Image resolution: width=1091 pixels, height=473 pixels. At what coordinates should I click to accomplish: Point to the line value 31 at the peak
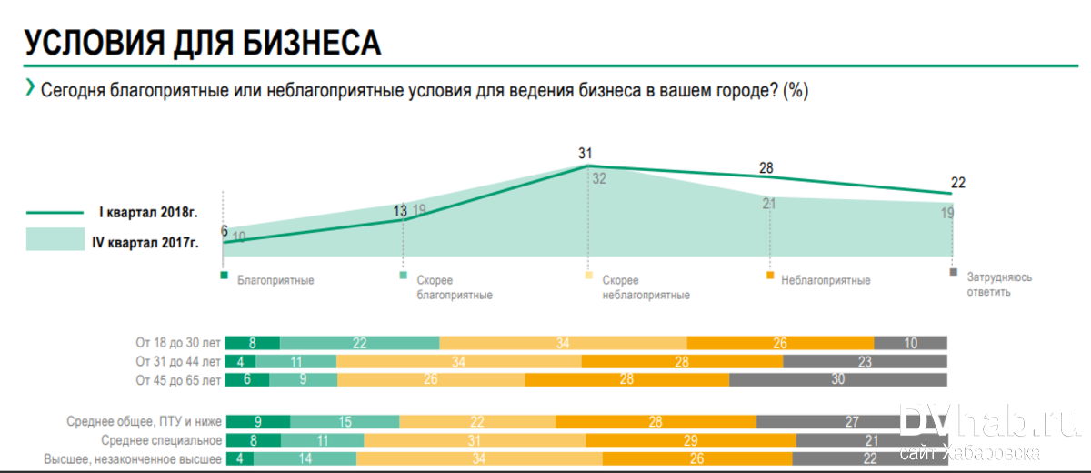click(x=585, y=154)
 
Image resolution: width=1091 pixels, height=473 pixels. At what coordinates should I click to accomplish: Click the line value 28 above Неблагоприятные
click(x=766, y=168)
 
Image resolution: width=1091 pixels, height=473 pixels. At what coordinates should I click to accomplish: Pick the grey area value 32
click(x=599, y=179)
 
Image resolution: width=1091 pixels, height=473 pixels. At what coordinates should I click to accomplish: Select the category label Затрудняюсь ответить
click(x=998, y=284)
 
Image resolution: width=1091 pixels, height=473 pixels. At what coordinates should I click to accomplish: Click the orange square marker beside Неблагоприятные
click(x=770, y=275)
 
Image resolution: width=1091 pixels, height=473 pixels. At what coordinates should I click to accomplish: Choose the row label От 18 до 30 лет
click(x=178, y=343)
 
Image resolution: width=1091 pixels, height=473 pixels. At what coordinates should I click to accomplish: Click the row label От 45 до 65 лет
click(x=178, y=379)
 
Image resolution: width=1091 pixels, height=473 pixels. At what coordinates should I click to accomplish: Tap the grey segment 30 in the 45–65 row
click(x=836, y=380)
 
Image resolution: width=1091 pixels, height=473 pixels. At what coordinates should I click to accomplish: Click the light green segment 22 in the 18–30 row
click(x=359, y=343)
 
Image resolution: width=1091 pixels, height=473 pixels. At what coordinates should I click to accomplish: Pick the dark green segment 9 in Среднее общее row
click(x=257, y=421)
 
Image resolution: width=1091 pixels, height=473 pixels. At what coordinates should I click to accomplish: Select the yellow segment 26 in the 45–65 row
click(x=430, y=380)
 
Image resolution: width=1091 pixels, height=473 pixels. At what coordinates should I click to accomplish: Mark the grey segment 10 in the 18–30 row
click(x=910, y=343)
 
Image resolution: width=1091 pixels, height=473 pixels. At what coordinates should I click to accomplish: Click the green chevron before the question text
click(x=31, y=88)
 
